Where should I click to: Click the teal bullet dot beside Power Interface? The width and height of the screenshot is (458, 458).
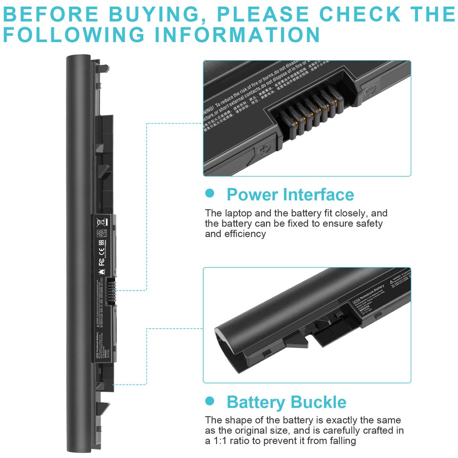coord(209,193)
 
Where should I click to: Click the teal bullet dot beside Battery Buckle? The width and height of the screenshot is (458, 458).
coord(209,401)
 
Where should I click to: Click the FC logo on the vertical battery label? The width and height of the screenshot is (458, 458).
coord(101,262)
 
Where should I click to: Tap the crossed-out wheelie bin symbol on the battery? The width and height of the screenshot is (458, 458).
coord(101,222)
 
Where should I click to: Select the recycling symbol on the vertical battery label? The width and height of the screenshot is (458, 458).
coord(101,234)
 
